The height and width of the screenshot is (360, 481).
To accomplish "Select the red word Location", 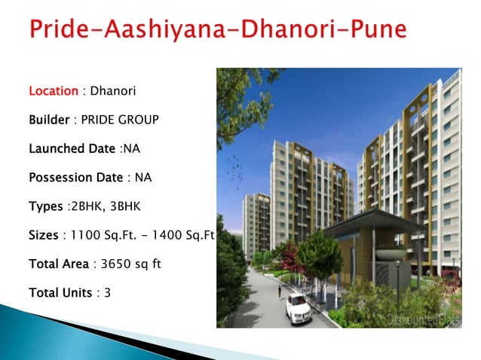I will pyautogui.click(x=54, y=91).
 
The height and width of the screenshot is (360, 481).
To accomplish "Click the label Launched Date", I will pyautogui.click(x=72, y=148).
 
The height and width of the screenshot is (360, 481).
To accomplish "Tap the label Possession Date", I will pyautogui.click(x=75, y=178).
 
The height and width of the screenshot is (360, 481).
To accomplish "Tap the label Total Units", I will pyautogui.click(x=61, y=292).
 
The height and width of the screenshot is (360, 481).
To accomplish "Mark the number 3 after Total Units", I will pyautogui.click(x=108, y=292).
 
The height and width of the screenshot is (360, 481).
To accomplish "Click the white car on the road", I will pyautogui.click(x=299, y=307).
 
